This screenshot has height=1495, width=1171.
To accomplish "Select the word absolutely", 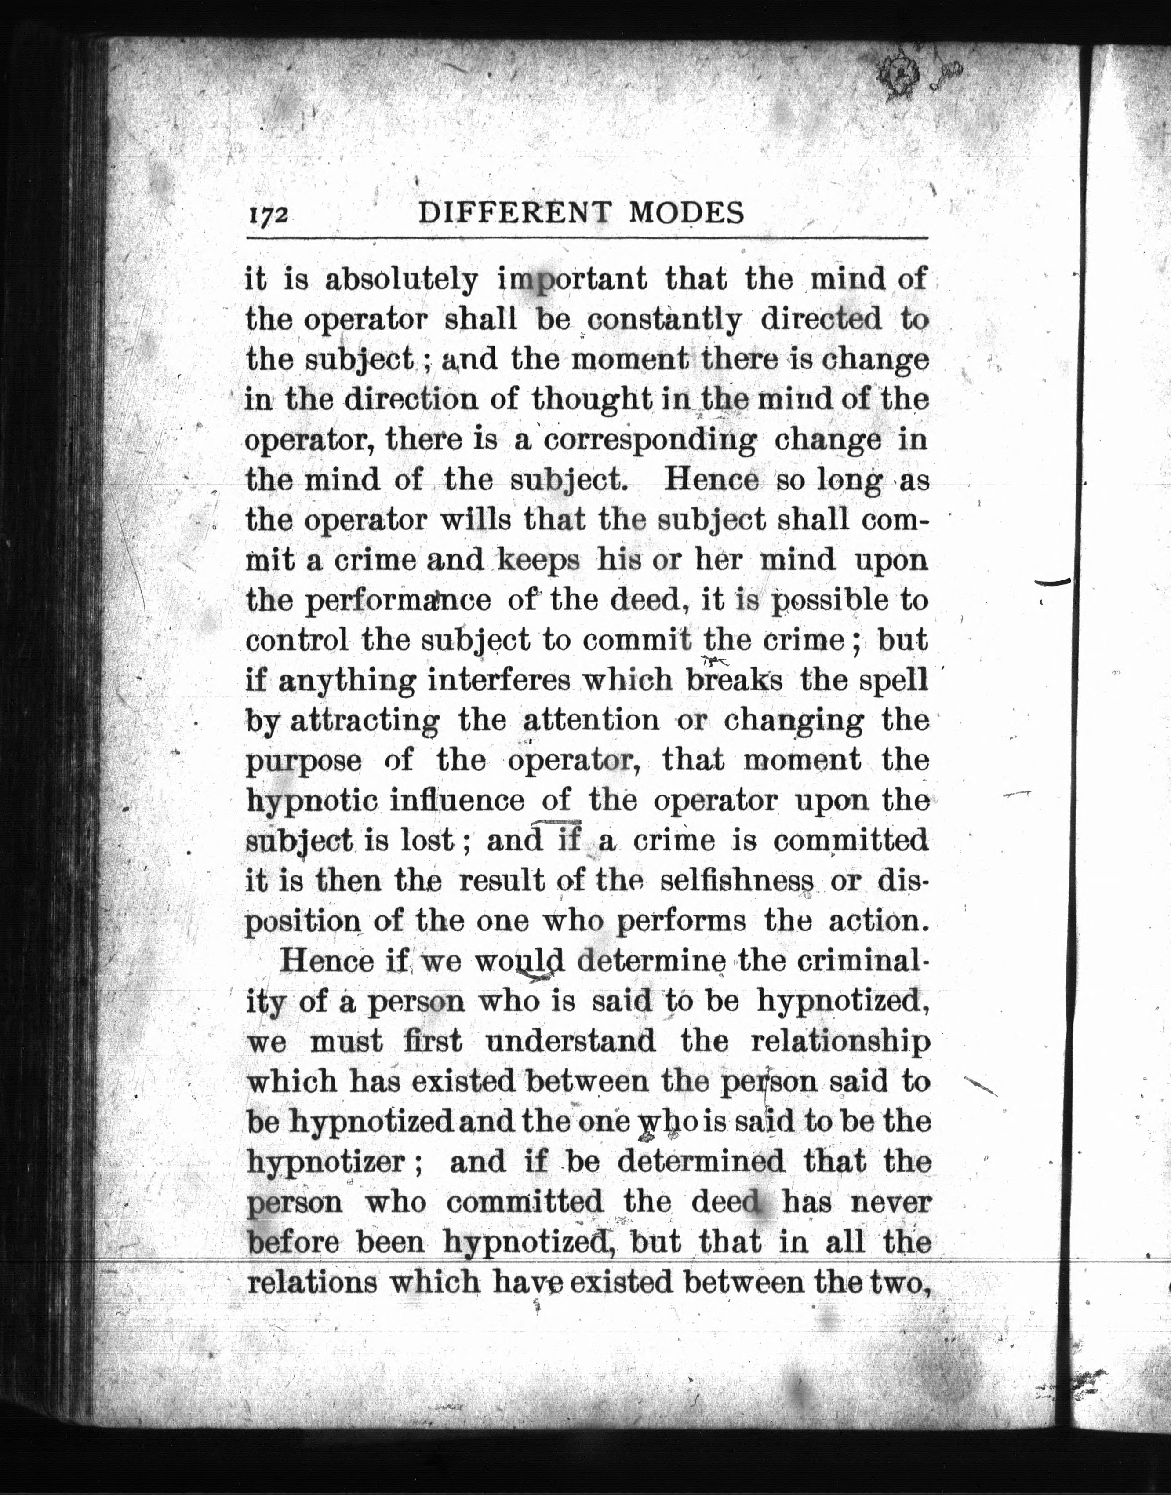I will pyautogui.click(x=401, y=280).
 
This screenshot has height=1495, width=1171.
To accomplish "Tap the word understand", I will pyautogui.click(x=571, y=1042).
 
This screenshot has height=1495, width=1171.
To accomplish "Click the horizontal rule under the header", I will pyautogui.click(x=586, y=238).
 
